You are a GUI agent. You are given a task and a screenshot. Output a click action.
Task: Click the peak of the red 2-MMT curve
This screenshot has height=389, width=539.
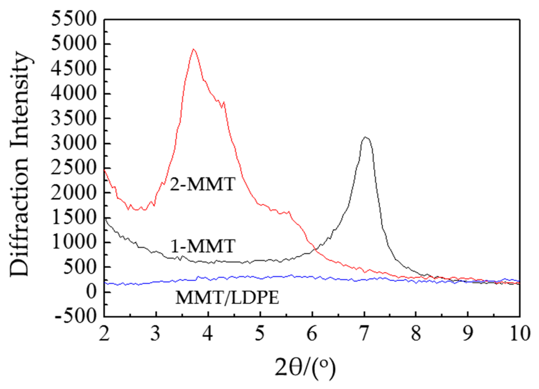(193, 49)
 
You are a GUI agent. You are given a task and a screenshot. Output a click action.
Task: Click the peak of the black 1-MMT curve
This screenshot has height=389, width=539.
(366, 137)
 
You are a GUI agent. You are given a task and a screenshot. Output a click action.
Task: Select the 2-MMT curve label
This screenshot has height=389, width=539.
(203, 184)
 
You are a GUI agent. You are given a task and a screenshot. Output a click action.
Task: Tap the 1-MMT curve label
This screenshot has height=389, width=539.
(203, 246)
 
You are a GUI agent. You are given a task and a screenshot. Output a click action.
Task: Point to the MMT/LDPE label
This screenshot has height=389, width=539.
(227, 298)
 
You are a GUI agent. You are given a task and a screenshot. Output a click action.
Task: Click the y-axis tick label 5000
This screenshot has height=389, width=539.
(74, 44)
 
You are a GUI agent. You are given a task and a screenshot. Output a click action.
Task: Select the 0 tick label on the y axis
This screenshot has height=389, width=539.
(91, 292)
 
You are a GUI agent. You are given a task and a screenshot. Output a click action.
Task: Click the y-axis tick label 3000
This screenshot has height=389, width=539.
(74, 143)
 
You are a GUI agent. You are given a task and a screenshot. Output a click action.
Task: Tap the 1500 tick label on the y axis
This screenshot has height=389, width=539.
(74, 218)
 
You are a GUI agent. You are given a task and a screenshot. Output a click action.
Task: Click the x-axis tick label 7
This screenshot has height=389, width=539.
(364, 334)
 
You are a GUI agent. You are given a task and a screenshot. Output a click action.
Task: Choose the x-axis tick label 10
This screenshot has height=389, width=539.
(520, 334)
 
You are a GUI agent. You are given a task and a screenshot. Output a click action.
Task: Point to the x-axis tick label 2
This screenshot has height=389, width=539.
(104, 334)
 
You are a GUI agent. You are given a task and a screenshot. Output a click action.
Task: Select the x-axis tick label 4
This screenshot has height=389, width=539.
(208, 334)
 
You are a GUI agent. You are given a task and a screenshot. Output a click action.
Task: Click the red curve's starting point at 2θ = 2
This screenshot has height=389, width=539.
(104, 170)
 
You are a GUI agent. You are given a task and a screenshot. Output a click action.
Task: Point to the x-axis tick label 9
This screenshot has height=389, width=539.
(467, 334)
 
